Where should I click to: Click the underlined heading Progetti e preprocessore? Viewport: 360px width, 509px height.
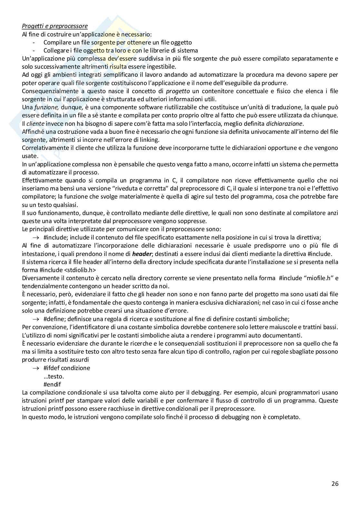pos(55,26)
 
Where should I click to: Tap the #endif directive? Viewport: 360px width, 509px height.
pos(52,384)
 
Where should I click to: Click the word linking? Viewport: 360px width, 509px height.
pos(149,140)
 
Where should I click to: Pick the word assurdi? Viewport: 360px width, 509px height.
pos(78,359)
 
